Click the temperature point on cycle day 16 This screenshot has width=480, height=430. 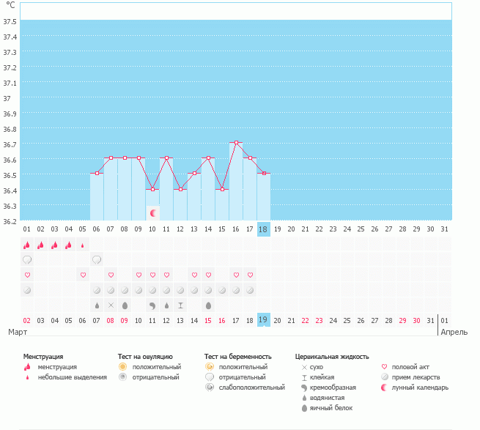tap(236, 143)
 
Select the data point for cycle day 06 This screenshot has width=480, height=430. tap(97, 173)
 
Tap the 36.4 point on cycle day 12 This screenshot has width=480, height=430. tap(180, 190)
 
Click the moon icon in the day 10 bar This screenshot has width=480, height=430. tap(153, 213)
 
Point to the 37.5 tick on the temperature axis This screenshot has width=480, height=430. tap(10, 21)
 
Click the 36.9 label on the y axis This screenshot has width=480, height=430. tap(10, 114)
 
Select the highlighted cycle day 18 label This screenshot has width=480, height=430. tap(263, 229)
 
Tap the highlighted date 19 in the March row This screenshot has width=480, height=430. tap(263, 320)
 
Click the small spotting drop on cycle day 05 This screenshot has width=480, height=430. tap(82, 245)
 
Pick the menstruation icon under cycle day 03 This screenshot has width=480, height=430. tap(54, 245)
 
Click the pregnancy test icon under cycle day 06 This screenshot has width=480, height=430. tap(97, 260)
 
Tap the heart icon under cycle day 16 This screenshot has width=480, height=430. tap(236, 275)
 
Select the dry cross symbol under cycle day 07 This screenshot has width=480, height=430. tap(111, 305)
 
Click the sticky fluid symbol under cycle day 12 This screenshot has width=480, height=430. tap(180, 305)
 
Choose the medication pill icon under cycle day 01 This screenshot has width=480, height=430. tap(27, 290)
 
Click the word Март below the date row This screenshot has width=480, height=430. tap(18, 332)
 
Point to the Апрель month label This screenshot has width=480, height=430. tap(454, 332)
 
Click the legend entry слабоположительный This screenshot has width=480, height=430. tap(251, 388)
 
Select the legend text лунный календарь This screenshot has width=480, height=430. tap(420, 388)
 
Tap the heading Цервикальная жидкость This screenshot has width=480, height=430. tap(332, 357)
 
